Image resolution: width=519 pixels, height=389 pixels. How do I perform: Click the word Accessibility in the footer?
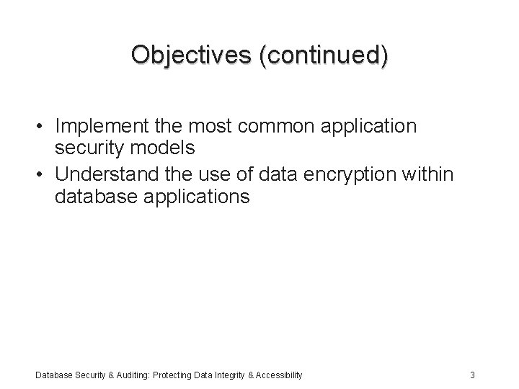278,375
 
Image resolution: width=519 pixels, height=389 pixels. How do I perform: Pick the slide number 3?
471,375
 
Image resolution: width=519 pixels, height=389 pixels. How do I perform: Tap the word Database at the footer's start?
51,375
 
